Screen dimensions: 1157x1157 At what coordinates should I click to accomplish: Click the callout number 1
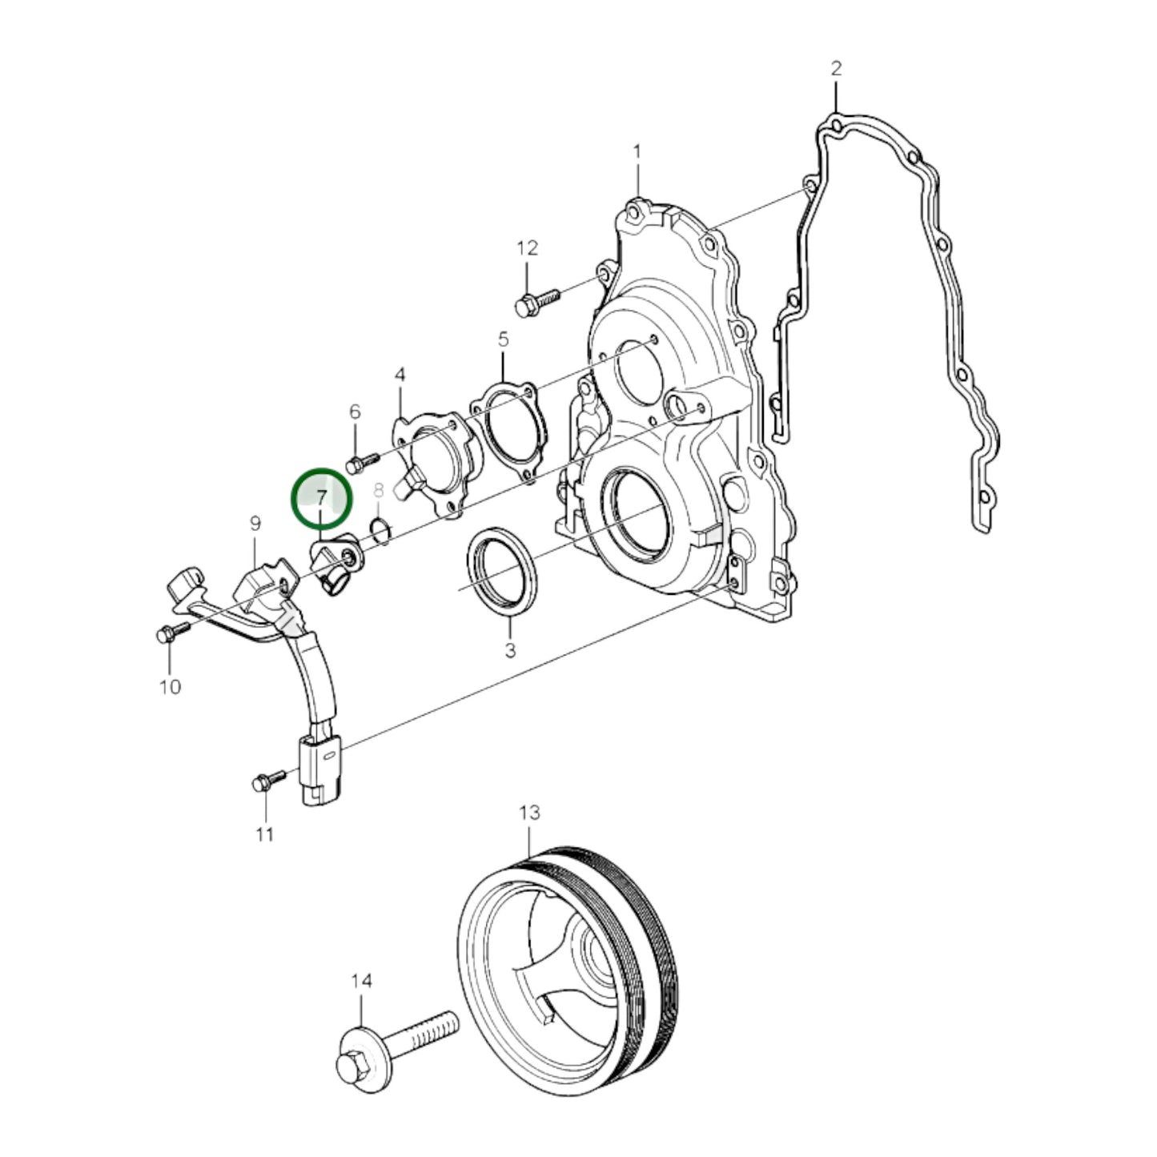(x=637, y=151)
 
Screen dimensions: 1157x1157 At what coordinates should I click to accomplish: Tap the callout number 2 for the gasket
(x=836, y=68)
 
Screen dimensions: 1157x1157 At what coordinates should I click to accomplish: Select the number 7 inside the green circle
(x=321, y=498)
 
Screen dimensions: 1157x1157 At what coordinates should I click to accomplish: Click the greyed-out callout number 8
(x=379, y=489)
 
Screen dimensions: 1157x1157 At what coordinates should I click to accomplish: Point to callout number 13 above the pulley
(x=529, y=813)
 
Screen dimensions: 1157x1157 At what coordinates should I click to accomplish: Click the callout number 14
(x=361, y=980)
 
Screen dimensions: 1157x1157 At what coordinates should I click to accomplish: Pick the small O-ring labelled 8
(x=380, y=529)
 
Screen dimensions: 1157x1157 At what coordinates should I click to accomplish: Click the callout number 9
(x=255, y=524)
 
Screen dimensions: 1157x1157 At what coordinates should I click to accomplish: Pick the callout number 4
(x=400, y=375)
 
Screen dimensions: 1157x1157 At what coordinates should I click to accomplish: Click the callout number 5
(x=503, y=339)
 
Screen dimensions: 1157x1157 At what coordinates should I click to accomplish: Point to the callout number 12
(x=528, y=248)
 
